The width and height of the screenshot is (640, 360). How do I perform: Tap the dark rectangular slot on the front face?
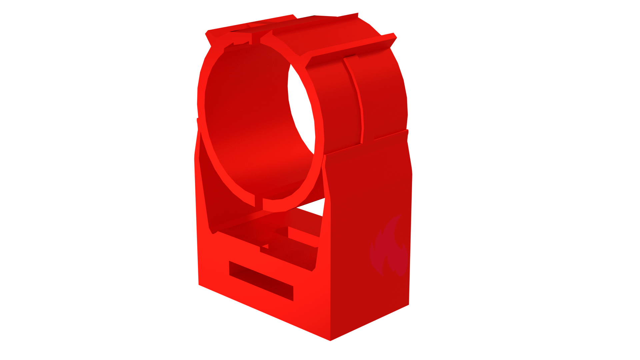(x=261, y=281)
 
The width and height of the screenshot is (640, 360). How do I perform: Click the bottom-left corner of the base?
(x=199, y=285)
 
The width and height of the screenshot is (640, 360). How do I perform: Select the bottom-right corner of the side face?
(x=409, y=304)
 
